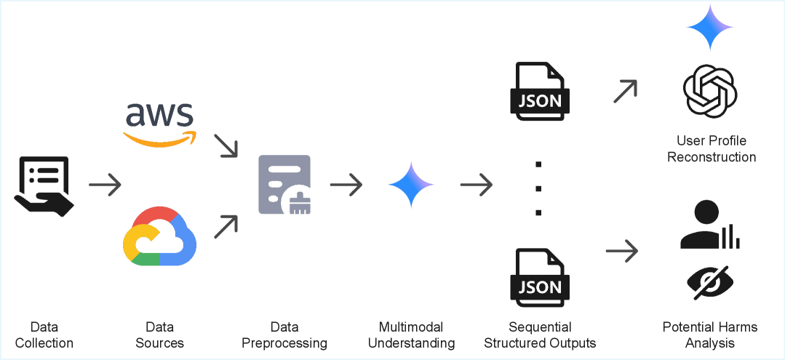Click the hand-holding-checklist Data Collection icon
point(44,185)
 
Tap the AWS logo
point(159,123)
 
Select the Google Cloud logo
point(159,236)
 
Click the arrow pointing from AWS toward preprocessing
point(226,145)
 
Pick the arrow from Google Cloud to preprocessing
point(226,227)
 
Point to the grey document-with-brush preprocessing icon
point(284,185)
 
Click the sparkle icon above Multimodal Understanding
point(411,185)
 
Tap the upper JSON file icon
point(540,91)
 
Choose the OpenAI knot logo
point(710,91)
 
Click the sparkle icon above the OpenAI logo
point(710,27)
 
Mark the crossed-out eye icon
point(710,282)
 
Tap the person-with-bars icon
point(710,225)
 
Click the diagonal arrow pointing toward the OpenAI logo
point(625,91)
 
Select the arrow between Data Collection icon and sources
point(105,185)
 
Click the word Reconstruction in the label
point(711,157)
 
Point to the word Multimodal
point(411,327)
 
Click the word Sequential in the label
point(540,327)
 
